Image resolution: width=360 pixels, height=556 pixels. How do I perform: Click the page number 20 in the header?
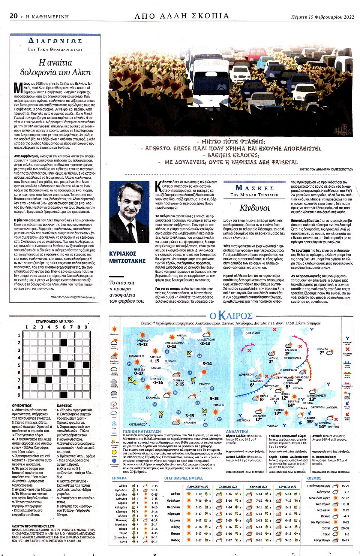tap(13, 16)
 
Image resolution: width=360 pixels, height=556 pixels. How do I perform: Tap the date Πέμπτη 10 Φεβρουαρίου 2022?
tap(322, 17)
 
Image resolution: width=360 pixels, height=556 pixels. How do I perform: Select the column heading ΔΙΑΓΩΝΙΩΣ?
tap(55, 41)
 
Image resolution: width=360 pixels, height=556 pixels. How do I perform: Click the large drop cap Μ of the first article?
tap(18, 87)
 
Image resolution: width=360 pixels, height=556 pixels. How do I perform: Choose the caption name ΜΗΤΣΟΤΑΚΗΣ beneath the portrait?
tap(127, 261)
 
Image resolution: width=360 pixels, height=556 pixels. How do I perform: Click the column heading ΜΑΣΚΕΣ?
tap(255, 188)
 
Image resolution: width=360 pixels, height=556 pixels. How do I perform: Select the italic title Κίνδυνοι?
tap(255, 208)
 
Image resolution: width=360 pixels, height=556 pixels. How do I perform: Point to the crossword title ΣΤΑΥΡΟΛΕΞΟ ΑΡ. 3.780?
tap(54, 321)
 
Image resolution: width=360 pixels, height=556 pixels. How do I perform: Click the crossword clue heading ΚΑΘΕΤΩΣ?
tap(64, 405)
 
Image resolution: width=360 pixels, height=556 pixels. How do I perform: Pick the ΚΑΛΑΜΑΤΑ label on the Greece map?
tap(153, 398)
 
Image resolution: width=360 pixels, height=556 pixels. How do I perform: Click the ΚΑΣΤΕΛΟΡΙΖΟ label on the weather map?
tap(137, 424)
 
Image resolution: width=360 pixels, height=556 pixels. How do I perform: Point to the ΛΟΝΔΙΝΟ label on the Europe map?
tap(256, 380)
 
